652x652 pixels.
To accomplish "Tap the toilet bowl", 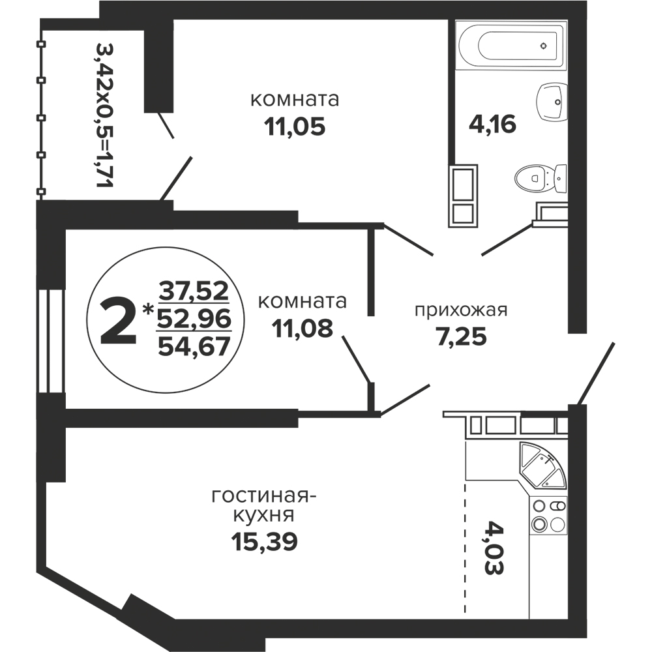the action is [x=541, y=179].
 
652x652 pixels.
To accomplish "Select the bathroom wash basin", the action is [x=553, y=102].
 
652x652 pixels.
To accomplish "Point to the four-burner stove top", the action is [x=548, y=514].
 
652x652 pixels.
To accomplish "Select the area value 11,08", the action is [x=303, y=329].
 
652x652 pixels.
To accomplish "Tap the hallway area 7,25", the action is [x=461, y=336].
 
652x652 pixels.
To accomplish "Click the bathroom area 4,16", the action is [x=492, y=123].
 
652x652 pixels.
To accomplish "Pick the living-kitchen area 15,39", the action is [x=265, y=541].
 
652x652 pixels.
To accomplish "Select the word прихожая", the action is [x=461, y=310].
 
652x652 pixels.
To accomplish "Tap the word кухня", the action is [x=263, y=516].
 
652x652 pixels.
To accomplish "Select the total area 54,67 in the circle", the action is [x=194, y=346].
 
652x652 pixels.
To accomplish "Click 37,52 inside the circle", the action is [x=194, y=291].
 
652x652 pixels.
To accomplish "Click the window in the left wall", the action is [x=51, y=340].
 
